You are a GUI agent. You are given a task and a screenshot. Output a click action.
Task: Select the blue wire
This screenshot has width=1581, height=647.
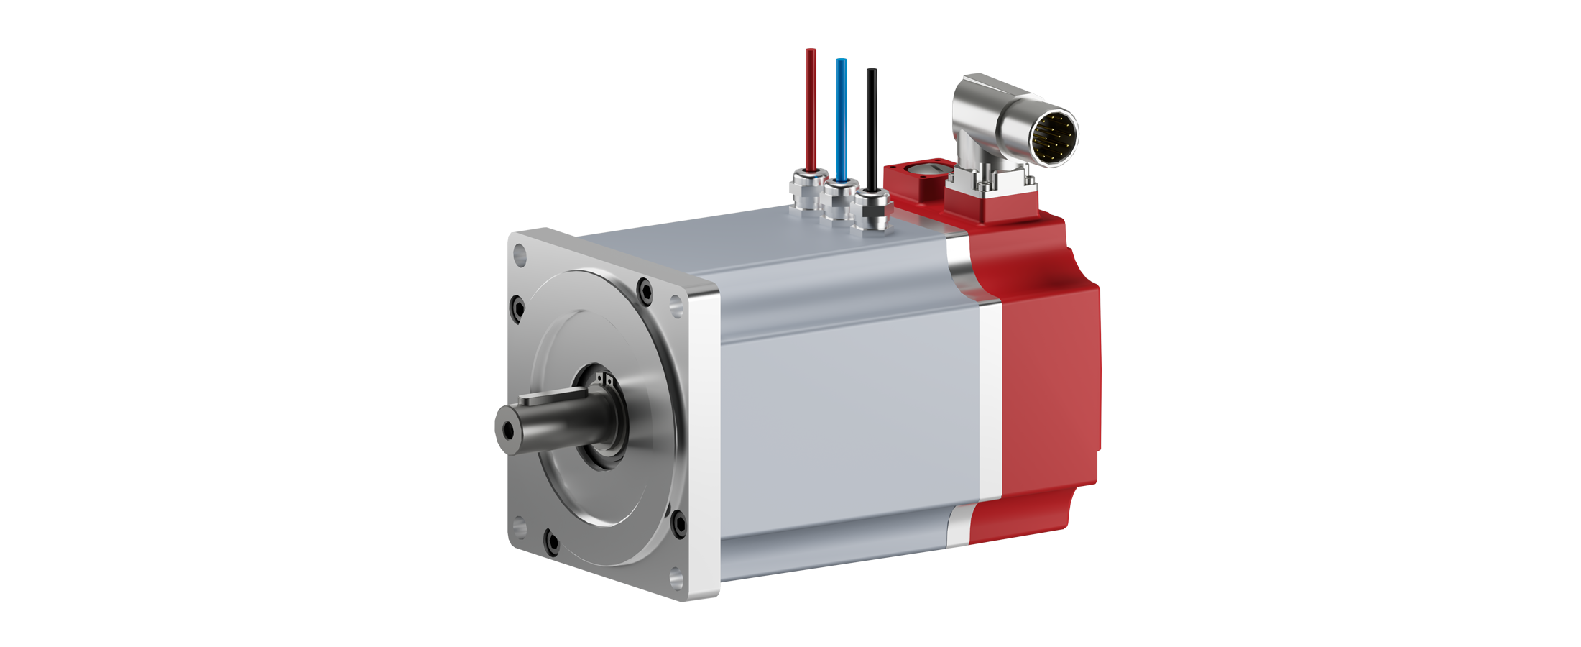pos(841,115)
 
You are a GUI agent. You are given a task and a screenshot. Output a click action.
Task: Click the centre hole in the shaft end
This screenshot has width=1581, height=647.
pos(509,430)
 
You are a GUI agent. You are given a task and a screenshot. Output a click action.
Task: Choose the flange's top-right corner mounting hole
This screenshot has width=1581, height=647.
pos(676,305)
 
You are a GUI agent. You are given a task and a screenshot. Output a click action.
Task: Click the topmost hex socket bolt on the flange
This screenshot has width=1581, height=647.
pos(645,291)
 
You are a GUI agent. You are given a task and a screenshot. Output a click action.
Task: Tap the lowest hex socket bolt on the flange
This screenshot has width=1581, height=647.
pos(551,541)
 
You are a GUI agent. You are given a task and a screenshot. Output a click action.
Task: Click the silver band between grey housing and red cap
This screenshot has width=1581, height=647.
pos(990,403)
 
